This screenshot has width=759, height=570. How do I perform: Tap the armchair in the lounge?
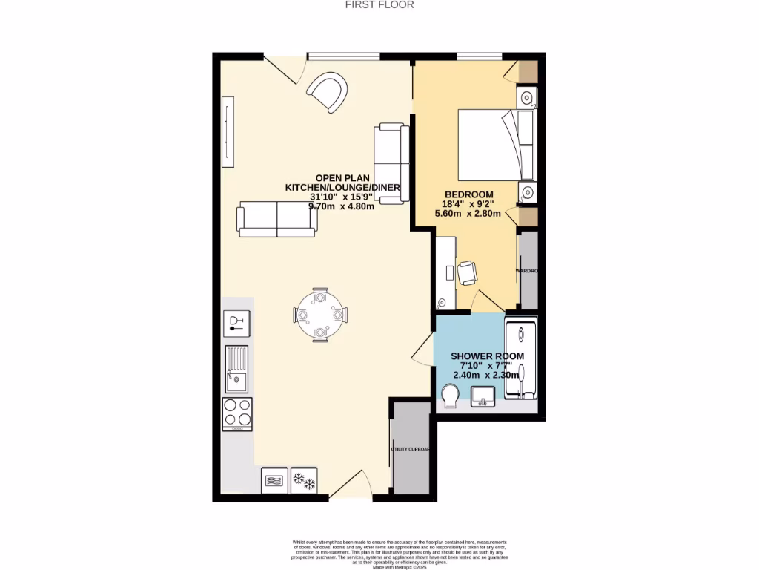[328, 93]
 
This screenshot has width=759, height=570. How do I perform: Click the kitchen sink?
[237, 370]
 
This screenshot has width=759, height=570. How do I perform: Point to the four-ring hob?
[237, 414]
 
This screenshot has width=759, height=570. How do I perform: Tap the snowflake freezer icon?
[304, 481]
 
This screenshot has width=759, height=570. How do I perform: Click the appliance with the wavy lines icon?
[274, 481]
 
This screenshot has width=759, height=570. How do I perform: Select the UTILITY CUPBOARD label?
[411, 449]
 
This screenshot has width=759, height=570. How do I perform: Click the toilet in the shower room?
[450, 396]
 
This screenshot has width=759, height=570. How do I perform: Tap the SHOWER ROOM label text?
[488, 356]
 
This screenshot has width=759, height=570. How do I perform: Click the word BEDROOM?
[468, 194]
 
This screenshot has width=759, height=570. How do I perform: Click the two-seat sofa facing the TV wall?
[276, 219]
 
